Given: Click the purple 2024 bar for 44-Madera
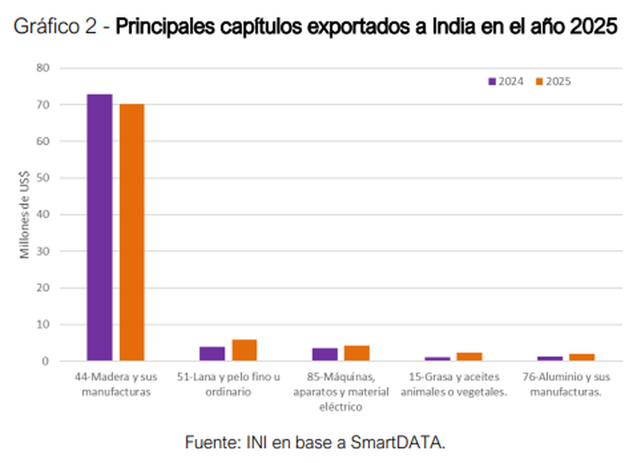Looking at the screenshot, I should coord(99,227).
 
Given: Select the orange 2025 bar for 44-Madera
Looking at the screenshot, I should coord(132,232).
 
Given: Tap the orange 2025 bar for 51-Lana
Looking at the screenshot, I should coord(244,350).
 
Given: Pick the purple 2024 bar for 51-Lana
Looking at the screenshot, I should coord(212,353).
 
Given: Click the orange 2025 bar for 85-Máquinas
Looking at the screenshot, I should coord(356,353).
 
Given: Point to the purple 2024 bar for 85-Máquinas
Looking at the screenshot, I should coord(324,354).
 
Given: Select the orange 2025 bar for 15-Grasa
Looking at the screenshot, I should coord(469,356).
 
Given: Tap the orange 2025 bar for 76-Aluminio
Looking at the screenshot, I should coord(581,357).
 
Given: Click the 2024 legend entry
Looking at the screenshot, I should coord(505,81).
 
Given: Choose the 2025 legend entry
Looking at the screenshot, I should coord(552,81).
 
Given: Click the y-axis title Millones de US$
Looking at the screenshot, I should coord(26,214).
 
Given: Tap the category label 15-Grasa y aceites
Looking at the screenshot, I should coord(453,383).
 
